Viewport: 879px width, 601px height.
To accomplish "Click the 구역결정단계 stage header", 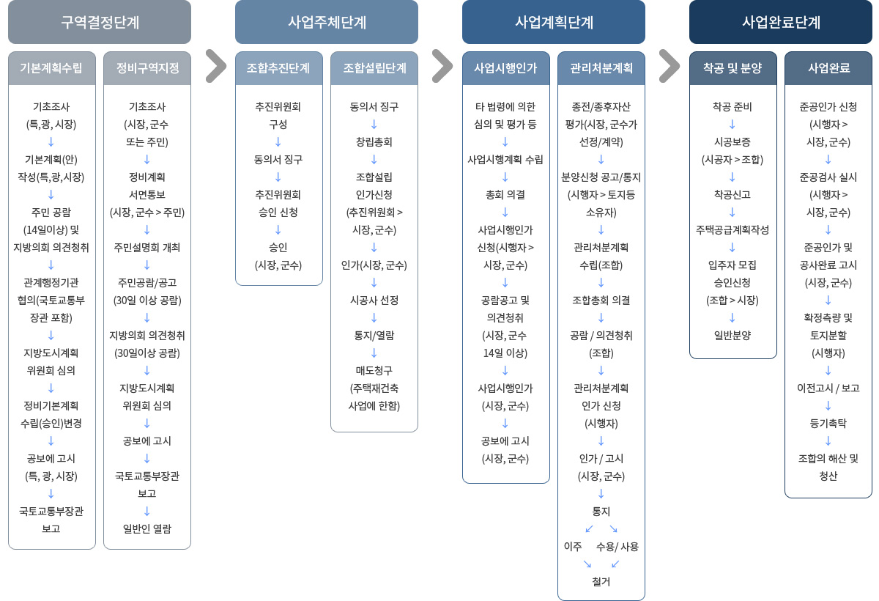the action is point(100,22).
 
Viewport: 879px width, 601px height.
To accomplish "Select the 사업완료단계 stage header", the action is point(781,22).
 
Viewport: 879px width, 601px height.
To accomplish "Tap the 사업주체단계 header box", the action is point(327,22).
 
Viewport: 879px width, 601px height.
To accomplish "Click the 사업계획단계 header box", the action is point(554,22).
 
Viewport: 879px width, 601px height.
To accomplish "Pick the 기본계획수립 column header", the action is point(52,68).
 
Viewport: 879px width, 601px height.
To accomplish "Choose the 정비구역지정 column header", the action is point(147,68).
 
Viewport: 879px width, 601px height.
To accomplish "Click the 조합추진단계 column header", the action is point(279,68).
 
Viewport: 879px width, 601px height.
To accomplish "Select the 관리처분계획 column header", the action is point(601,68).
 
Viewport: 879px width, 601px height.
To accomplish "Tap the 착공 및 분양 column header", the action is point(733,68).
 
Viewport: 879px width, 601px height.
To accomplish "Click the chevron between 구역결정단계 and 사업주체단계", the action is point(216,66).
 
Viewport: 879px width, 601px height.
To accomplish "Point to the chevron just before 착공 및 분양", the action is point(670,66).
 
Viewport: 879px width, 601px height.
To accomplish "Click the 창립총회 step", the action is point(374,142).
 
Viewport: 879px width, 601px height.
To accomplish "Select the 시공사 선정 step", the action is point(374,300).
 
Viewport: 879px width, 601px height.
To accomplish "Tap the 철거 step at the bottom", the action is point(601,581).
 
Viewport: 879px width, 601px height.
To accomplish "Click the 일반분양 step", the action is point(732,335).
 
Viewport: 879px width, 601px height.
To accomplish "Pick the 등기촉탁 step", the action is point(828,423).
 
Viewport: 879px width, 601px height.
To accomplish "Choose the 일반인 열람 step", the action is point(147,528).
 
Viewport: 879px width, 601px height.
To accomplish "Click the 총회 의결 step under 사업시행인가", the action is point(505,195).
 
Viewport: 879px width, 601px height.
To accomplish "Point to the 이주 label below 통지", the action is point(573,547).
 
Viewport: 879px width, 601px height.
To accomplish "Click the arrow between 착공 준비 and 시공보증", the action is point(732,125).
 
